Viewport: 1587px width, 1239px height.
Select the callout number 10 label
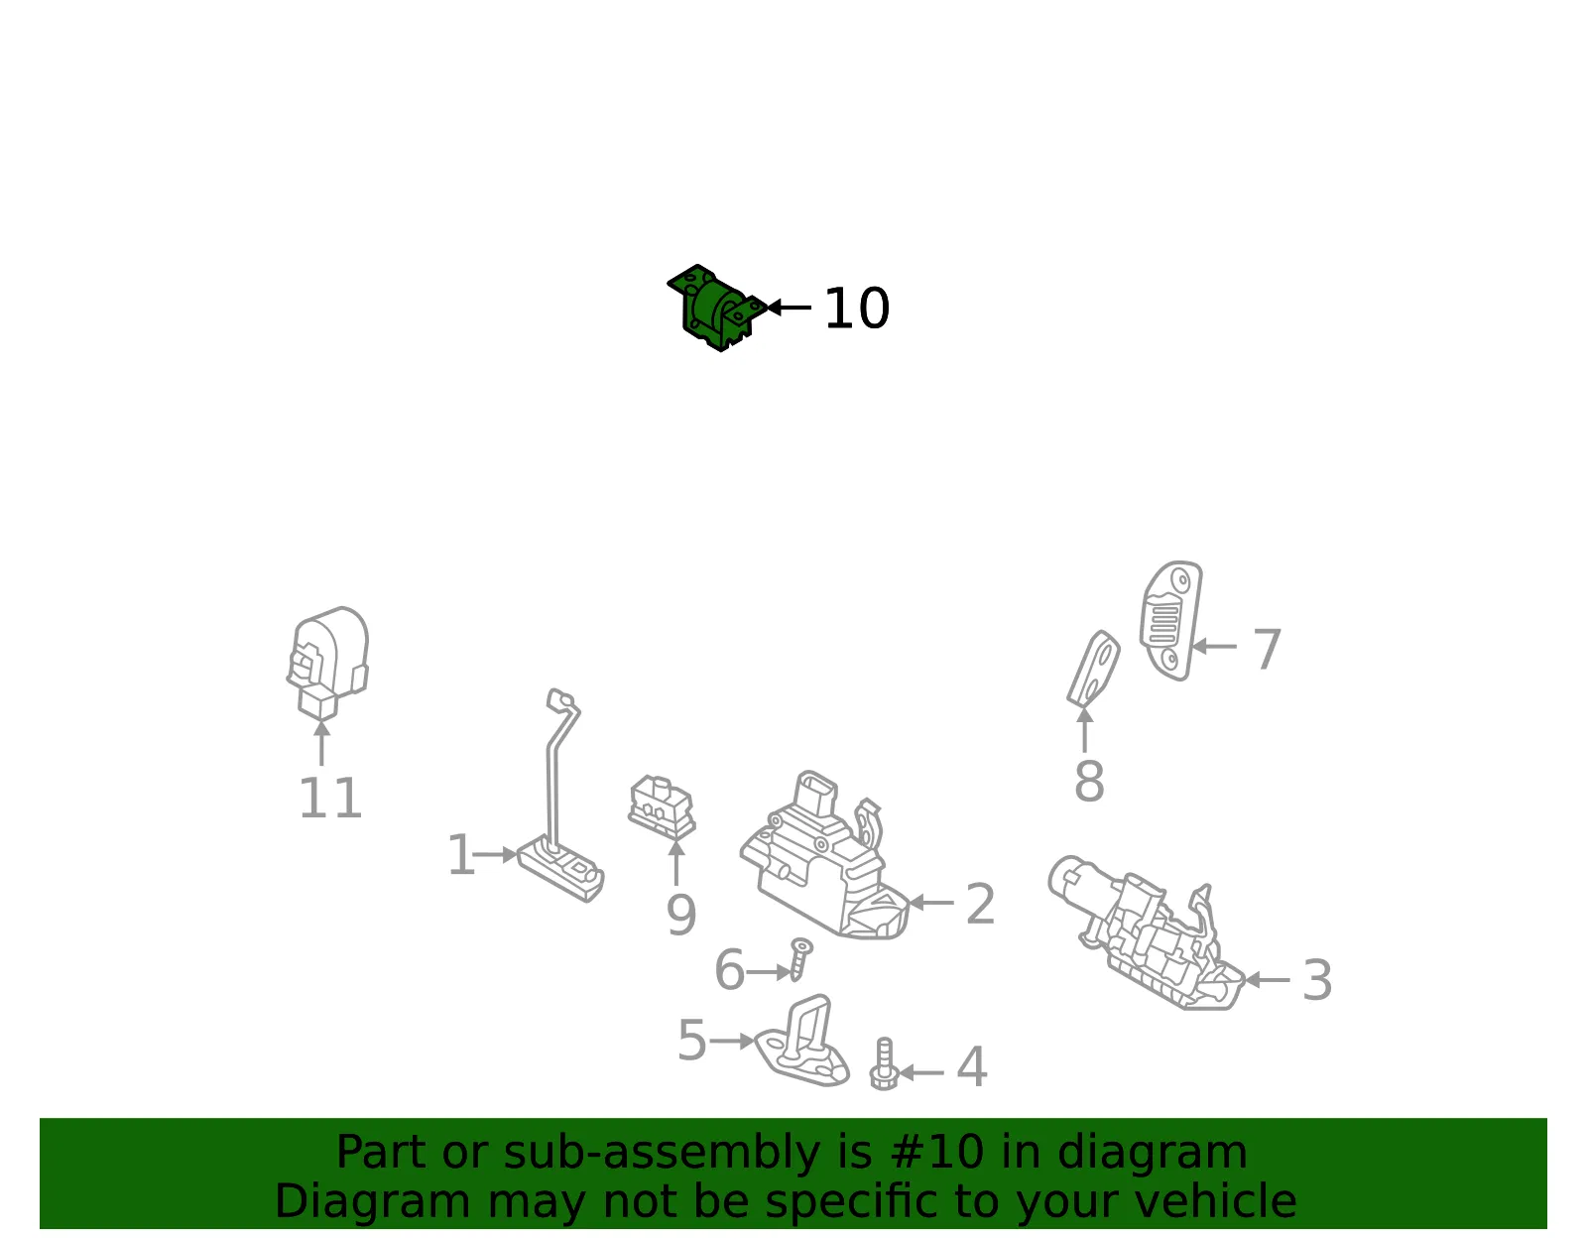coord(856,309)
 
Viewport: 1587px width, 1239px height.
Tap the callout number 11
coord(330,798)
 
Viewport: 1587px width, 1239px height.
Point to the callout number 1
coord(461,855)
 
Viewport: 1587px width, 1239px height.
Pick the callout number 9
coord(680,915)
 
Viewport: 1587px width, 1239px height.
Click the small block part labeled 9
coord(662,806)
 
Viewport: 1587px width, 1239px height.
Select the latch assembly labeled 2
coord(825,855)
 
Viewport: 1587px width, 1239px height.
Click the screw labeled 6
coord(799,958)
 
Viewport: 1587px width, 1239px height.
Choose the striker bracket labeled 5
coord(802,1041)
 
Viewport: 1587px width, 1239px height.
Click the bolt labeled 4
coord(884,1063)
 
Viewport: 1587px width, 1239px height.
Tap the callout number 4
coord(971,1067)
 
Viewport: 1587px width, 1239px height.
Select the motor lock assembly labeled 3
coord(1147,932)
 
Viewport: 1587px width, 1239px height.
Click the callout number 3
coord(1317,980)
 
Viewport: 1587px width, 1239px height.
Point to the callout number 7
coord(1267,649)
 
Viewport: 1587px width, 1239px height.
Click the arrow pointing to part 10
coord(790,308)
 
